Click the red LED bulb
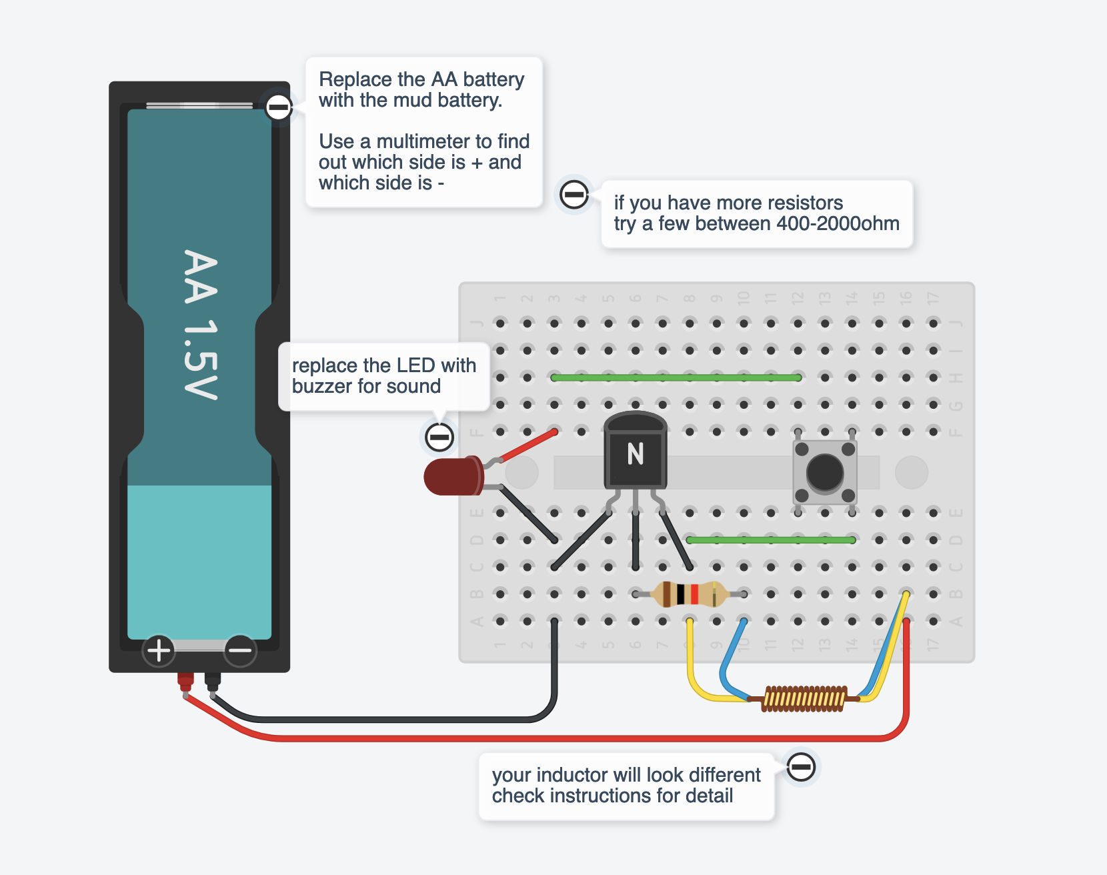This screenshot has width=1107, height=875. tap(452, 476)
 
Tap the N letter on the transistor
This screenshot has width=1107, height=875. tap(636, 454)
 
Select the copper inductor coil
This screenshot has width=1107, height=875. tap(804, 699)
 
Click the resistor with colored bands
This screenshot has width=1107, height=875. tap(689, 594)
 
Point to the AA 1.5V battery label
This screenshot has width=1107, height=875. tap(200, 324)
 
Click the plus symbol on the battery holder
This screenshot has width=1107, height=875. tap(159, 650)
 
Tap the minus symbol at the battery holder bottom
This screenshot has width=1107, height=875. tap(239, 650)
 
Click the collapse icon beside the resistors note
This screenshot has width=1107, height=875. tap(574, 195)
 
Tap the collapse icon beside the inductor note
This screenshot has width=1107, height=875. tap(800, 767)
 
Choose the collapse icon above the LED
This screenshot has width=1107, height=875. tap(439, 437)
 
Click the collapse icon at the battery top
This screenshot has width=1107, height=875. tap(278, 107)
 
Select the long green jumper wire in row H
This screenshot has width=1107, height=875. tap(676, 377)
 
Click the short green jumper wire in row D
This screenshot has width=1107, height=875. tap(770, 540)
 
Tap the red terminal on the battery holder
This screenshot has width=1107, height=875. tap(185, 682)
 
